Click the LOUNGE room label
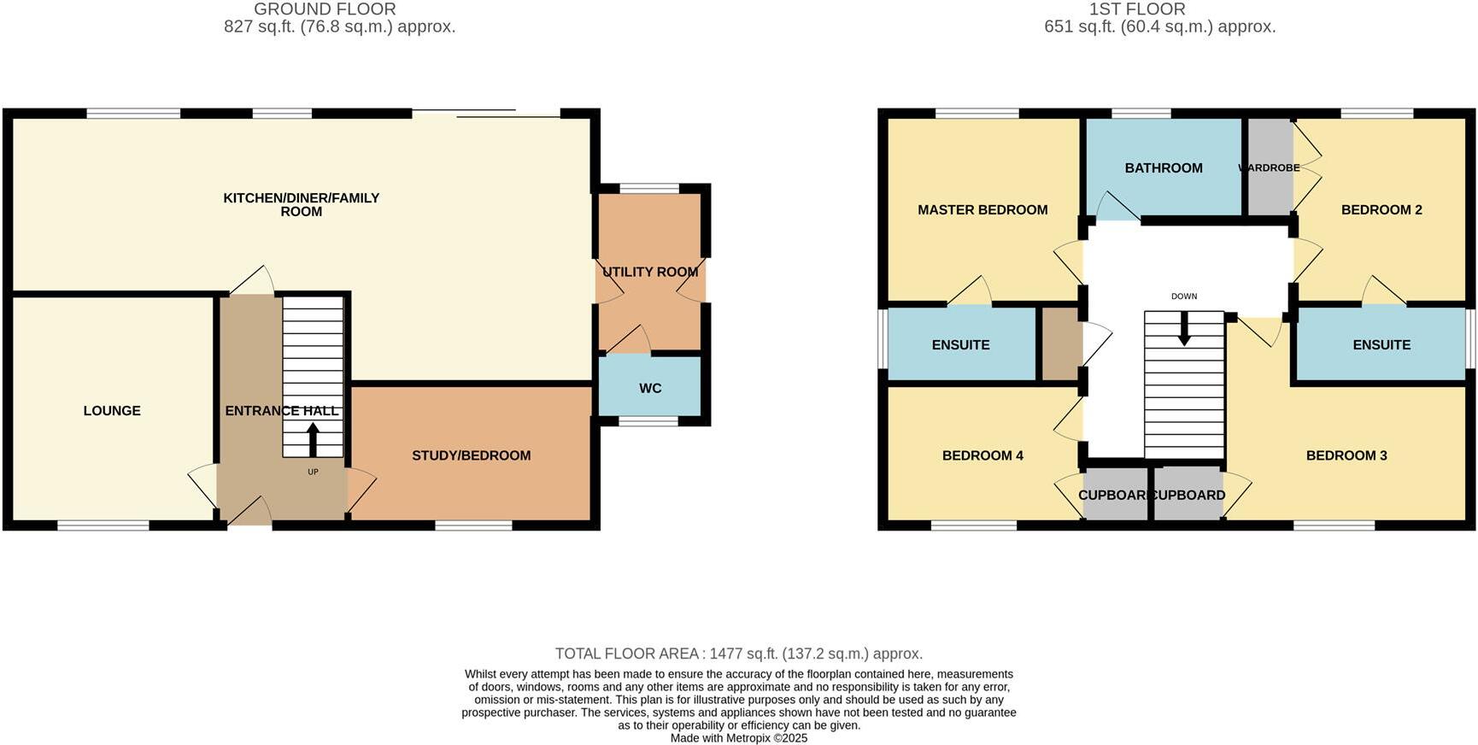112,411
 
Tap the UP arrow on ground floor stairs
313,439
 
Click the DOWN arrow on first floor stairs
1184,330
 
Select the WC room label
650,389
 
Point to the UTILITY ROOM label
650,272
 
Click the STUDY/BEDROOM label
472,455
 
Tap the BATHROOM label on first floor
1164,168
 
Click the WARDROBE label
1270,167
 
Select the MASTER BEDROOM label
982,210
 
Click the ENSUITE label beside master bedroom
961,345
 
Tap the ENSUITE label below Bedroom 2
1381,345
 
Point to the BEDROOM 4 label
982,455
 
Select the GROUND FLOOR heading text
325,9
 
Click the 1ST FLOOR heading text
1137,9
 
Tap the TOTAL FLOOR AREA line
739,654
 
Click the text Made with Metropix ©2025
739,738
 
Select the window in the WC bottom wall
648,421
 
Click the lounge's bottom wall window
103,525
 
